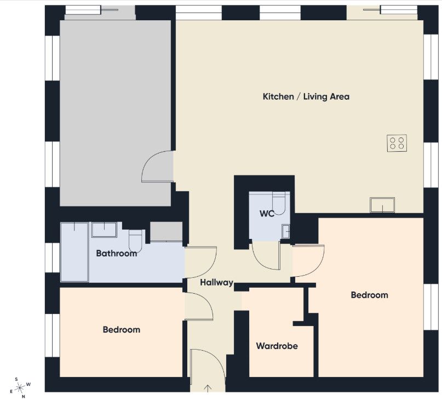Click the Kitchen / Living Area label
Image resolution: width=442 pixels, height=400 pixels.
pyautogui.click(x=306, y=97)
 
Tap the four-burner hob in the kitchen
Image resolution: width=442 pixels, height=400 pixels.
pyautogui.click(x=397, y=144)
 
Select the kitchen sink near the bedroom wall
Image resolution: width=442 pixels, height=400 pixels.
pyautogui.click(x=382, y=205)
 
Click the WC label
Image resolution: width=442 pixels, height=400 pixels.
pyautogui.click(x=267, y=214)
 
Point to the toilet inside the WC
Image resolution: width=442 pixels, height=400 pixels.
pyautogui.click(x=279, y=203)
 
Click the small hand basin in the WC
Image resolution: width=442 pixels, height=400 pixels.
pyautogui.click(x=286, y=231)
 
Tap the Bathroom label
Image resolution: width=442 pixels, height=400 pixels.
pyautogui.click(x=117, y=253)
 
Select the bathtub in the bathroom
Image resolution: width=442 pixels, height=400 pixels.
pyautogui.click(x=74, y=252)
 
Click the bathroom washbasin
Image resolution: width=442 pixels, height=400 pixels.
pyautogui.click(x=104, y=230)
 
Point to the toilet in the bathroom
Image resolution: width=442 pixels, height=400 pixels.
pyautogui.click(x=135, y=241)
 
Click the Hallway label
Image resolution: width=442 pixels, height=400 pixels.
pyautogui.click(x=216, y=282)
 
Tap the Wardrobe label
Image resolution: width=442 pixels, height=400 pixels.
pyautogui.click(x=277, y=346)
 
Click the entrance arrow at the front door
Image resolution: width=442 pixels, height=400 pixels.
pyautogui.click(x=208, y=388)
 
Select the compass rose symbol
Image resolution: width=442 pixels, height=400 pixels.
pyautogui.click(x=20, y=388)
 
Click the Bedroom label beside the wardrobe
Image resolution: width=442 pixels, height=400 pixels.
pyautogui.click(x=369, y=295)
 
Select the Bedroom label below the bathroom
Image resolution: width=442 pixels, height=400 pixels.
pyautogui.click(x=122, y=330)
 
